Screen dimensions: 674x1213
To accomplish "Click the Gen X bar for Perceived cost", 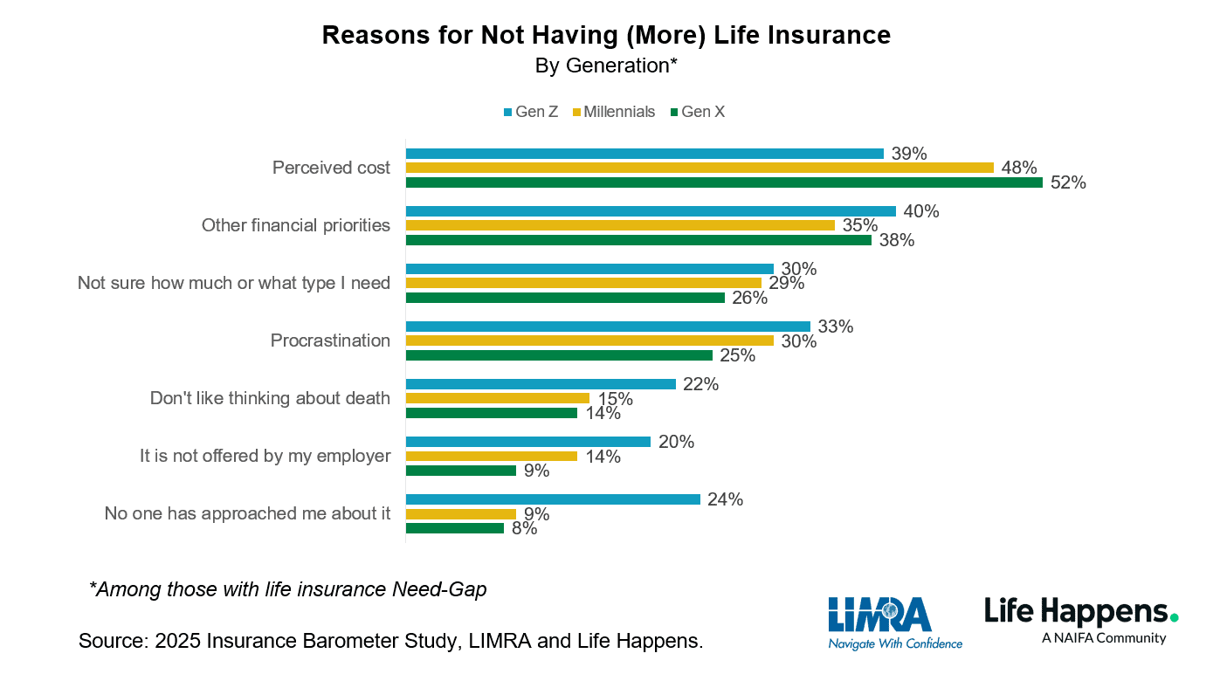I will tap(723, 182).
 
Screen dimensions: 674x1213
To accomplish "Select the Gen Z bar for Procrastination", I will tap(608, 327).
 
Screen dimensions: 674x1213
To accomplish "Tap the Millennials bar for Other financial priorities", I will tap(620, 225).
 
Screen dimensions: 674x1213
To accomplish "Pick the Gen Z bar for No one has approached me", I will tap(553, 499).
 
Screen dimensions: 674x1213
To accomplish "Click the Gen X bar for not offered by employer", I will tap(461, 471).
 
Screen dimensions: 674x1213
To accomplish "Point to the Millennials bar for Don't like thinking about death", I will tap(498, 398).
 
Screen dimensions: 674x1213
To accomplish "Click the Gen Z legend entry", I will tap(530, 112).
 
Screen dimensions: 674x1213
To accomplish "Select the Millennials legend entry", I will tap(613, 112).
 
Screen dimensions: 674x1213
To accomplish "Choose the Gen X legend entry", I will tap(697, 112).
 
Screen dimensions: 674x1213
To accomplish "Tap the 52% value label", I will tap(1068, 183).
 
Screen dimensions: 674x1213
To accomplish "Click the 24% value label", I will tap(726, 499).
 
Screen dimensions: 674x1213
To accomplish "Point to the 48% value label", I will tap(1019, 168).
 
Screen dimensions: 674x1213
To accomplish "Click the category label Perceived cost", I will tap(331, 168).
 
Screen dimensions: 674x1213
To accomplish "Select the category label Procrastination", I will tap(330, 340).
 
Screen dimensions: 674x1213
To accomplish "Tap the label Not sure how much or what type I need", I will tap(234, 283).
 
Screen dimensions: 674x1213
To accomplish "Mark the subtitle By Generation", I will tap(606, 66).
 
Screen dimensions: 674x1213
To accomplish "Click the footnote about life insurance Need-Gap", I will tap(288, 589).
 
